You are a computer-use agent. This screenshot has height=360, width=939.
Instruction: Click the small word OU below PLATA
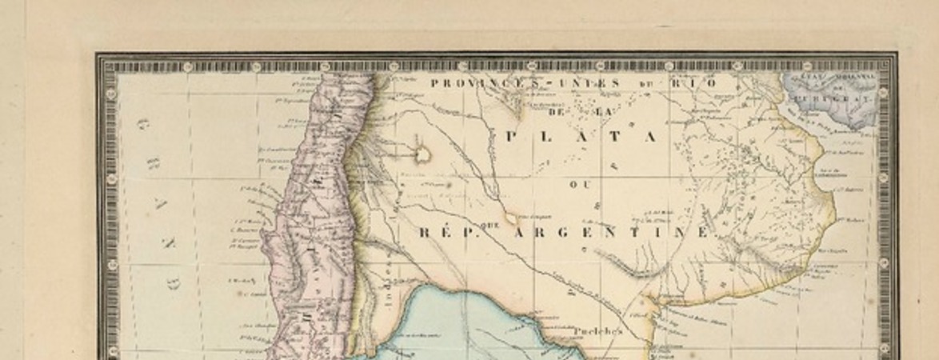tap(579, 184)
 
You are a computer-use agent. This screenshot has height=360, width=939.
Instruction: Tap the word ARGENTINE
tap(612, 232)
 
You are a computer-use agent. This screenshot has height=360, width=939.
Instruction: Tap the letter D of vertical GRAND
tap(174, 284)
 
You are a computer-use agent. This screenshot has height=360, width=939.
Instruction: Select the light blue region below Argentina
tap(448, 320)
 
